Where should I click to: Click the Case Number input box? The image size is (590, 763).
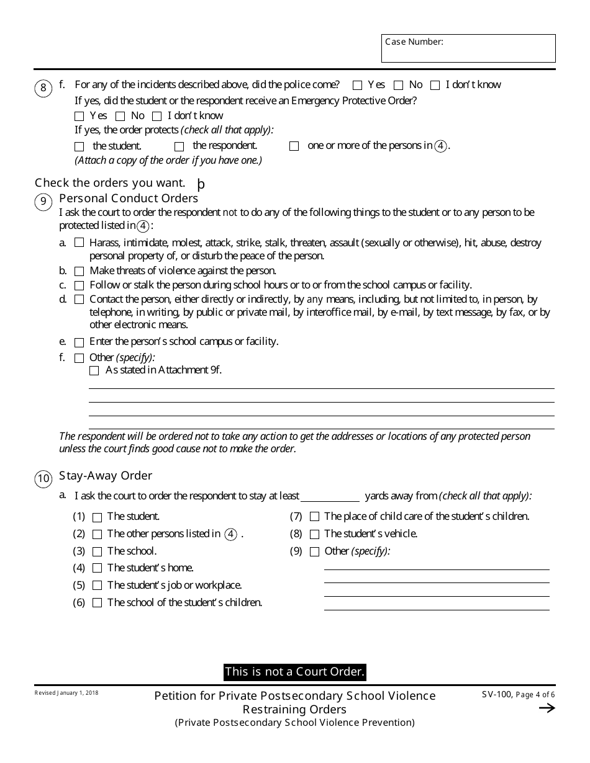click(468, 49)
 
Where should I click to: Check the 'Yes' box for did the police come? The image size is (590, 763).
click(357, 85)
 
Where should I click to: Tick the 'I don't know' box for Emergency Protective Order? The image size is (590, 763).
click(157, 116)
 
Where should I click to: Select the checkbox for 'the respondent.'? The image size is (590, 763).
click(179, 146)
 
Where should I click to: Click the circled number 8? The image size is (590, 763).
click(43, 88)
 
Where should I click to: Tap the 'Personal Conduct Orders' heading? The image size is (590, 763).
click(129, 199)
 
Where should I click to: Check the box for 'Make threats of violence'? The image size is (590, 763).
click(79, 271)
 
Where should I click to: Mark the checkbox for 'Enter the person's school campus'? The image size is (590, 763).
click(79, 342)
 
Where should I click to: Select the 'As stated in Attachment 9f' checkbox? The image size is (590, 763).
click(94, 370)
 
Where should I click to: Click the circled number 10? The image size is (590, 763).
click(43, 478)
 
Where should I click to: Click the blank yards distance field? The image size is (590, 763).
click(330, 496)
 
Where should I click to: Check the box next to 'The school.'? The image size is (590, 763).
click(97, 551)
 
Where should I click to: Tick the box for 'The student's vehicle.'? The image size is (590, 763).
click(314, 534)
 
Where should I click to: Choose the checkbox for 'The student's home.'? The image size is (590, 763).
click(97, 568)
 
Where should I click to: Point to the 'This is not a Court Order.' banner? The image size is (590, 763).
click(294, 672)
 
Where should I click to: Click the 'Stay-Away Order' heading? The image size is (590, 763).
click(106, 476)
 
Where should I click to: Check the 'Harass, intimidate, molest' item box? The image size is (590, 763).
click(79, 243)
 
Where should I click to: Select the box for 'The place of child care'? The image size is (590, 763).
click(314, 517)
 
